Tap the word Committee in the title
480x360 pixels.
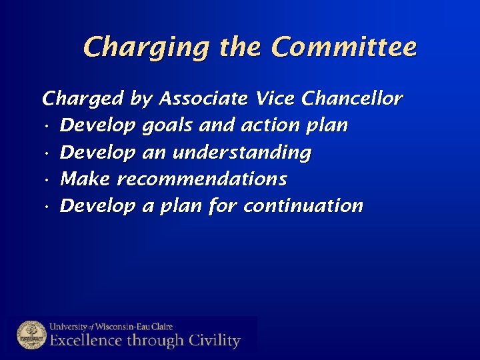[345, 47]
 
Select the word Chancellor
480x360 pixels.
[352, 99]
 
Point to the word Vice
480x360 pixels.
[275, 99]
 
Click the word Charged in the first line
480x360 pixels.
[83, 100]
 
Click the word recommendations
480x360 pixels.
[202, 179]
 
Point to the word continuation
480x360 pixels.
[303, 206]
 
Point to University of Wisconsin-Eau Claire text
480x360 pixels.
[111, 327]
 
